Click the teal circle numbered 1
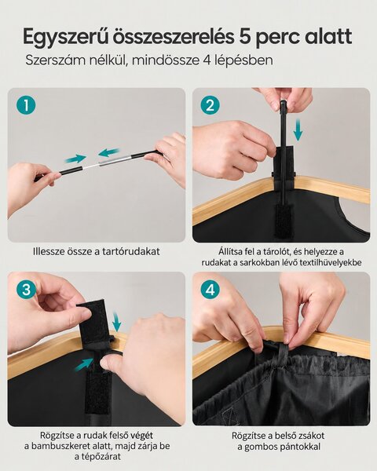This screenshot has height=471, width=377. click(x=26, y=106)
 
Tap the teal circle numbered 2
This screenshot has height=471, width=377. click(x=210, y=106)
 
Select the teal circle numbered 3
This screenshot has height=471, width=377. click(x=26, y=290)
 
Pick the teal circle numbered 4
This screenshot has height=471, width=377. click(x=210, y=290)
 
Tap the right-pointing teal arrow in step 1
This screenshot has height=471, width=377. click(x=75, y=159)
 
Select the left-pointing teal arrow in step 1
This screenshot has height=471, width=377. click(x=109, y=152)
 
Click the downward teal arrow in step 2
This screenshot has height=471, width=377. click(x=298, y=130)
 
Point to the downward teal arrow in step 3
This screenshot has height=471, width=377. click(x=117, y=321)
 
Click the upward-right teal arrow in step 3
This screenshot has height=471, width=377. click(x=84, y=363)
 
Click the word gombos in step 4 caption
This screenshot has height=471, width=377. click(x=262, y=447)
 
